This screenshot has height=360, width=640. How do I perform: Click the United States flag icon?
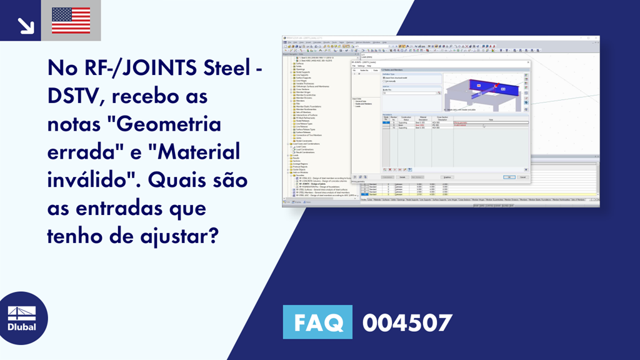click(71, 20)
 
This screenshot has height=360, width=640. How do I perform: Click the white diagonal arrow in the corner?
click(26, 24)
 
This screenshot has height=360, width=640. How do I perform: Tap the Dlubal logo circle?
click(24, 318)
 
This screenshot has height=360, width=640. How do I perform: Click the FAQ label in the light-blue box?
click(317, 322)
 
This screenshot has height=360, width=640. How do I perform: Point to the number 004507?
click(407, 322)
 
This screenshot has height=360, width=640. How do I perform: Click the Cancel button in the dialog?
click(522, 177)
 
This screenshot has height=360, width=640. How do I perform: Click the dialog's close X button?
click(527, 62)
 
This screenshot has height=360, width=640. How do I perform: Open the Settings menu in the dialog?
click(362, 66)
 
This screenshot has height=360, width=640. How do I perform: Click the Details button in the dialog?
click(402, 177)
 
